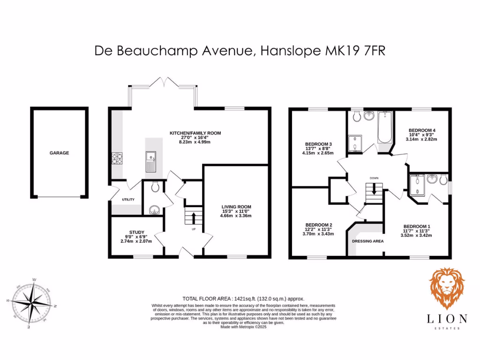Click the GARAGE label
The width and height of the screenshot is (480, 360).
click(60, 153)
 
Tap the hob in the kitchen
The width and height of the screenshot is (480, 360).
click(116, 159)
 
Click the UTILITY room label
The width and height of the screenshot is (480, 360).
click(128, 200)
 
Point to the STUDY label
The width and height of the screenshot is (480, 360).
click(137, 232)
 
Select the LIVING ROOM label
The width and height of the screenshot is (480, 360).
click(236, 207)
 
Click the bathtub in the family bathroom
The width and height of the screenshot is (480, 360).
click(384, 128)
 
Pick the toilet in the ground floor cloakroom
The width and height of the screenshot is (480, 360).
click(156, 187)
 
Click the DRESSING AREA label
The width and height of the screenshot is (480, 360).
click(367, 241)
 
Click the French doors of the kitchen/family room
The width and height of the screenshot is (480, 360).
click(162, 84)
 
